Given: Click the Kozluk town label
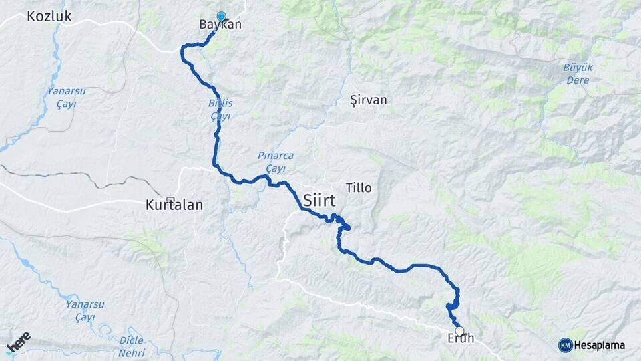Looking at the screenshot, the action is pyautogui.click(x=49, y=17).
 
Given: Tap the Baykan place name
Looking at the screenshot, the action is pyautogui.click(x=220, y=25).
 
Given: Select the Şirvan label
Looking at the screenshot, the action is pyautogui.click(x=369, y=100).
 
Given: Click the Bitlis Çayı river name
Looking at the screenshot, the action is pyautogui.click(x=220, y=110).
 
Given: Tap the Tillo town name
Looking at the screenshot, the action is pyautogui.click(x=359, y=187).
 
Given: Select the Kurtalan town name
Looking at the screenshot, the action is pyautogui.click(x=174, y=207).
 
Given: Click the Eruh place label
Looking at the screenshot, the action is pyautogui.click(x=461, y=338).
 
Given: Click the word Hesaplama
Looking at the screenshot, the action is pyautogui.click(x=599, y=345).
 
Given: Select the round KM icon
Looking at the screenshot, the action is pyautogui.click(x=565, y=345).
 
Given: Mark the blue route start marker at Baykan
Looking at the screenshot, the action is pyautogui.click(x=221, y=17).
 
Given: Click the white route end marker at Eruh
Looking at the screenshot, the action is pyautogui.click(x=459, y=330).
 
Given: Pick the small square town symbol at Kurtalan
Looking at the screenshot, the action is pyautogui.click(x=171, y=199).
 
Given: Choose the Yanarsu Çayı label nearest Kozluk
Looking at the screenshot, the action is pyautogui.click(x=61, y=97).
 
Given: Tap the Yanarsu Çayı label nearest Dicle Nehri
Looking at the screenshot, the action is pyautogui.click(x=85, y=310).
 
